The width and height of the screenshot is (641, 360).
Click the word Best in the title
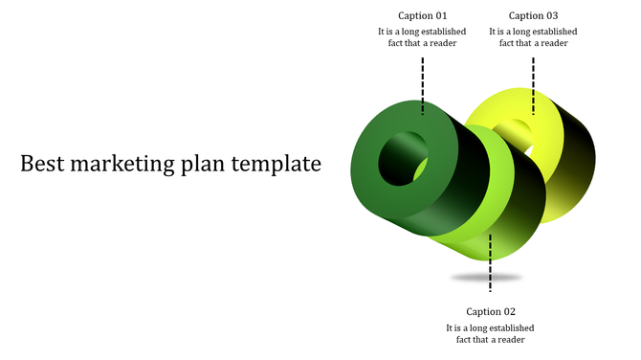(x=43, y=164)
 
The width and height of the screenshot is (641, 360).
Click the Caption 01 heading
(x=422, y=15)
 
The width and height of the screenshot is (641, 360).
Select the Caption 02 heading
(x=491, y=311)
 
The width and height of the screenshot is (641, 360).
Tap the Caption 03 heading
(x=533, y=15)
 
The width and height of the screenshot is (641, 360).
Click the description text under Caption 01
(x=422, y=37)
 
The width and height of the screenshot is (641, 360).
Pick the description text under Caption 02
(x=491, y=333)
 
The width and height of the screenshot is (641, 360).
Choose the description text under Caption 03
(x=533, y=37)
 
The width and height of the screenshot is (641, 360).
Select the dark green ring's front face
(x=367, y=182)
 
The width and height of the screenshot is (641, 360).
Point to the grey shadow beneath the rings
(x=487, y=278)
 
